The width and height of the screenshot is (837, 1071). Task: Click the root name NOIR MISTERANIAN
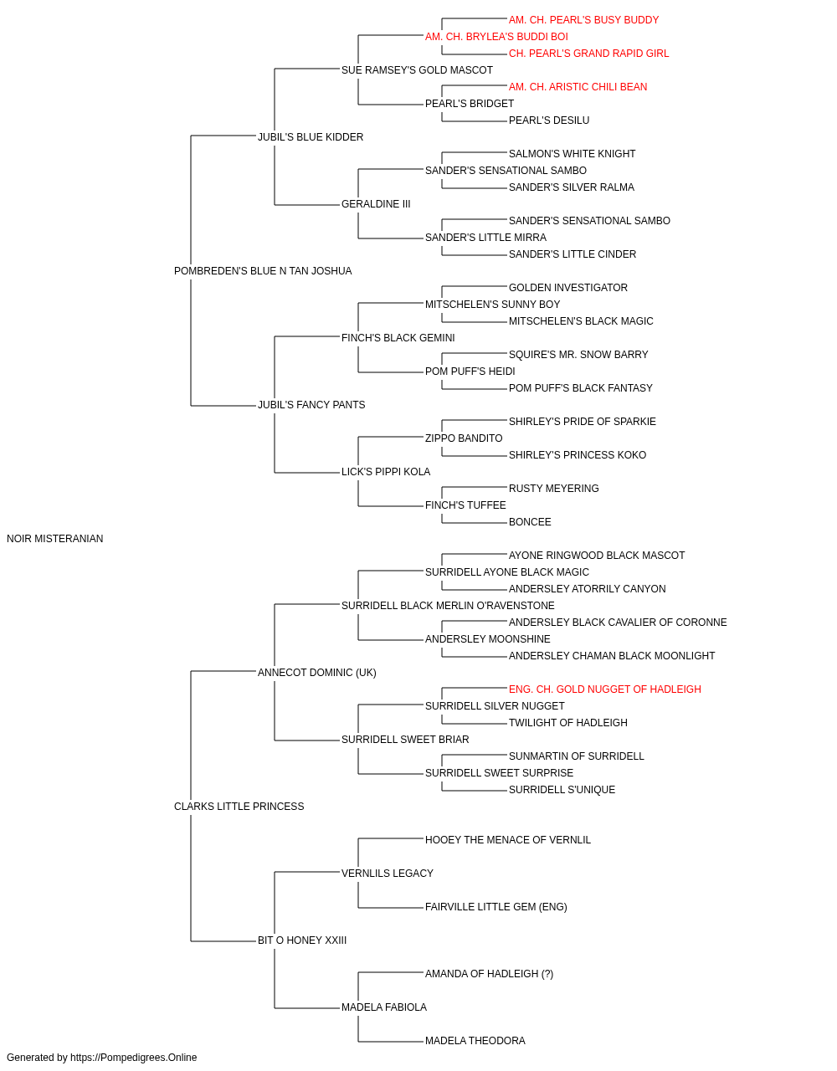coord(54,539)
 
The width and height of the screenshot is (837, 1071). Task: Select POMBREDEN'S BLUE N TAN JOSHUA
coord(263,271)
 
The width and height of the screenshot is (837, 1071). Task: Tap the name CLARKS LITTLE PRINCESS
coord(239,807)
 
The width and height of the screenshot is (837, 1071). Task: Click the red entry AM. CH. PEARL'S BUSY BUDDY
coord(583,20)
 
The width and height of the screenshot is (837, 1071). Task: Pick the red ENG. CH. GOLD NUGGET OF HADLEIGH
coord(605,689)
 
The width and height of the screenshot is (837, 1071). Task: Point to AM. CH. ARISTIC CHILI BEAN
coord(578,87)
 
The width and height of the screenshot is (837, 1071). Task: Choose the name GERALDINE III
coord(376,204)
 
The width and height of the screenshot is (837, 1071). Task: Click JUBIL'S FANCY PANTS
coord(311,405)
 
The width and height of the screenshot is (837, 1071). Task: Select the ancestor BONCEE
coord(530,522)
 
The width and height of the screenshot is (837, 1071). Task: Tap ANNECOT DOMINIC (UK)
coord(317,673)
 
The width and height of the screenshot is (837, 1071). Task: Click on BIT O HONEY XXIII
coord(302,940)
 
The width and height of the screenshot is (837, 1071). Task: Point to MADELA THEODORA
coord(475,1040)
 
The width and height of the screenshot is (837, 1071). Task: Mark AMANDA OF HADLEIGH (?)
coord(490,974)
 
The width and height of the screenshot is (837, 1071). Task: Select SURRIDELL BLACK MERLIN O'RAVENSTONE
coord(448,606)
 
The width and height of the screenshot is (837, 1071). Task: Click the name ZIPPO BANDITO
coord(464,438)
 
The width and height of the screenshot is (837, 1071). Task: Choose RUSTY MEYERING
coord(553,489)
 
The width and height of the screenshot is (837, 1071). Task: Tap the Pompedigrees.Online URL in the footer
coord(134,1058)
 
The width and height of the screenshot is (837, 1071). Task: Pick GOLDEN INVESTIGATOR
coord(567,288)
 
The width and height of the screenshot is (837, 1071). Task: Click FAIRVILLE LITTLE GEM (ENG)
coord(496,907)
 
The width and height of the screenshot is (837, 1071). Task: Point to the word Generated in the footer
coord(29,1058)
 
